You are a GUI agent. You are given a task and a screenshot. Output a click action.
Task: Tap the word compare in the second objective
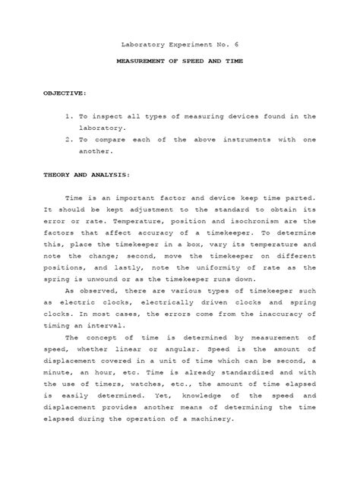coord(120,141)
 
